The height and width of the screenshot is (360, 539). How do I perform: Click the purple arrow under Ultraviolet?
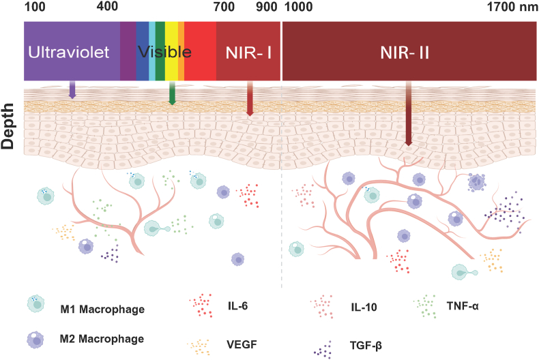click(72, 90)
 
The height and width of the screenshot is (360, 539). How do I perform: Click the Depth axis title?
click(9, 127)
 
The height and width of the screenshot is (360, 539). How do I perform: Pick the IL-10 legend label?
click(361, 307)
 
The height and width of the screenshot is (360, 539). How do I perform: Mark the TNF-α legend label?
click(464, 305)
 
